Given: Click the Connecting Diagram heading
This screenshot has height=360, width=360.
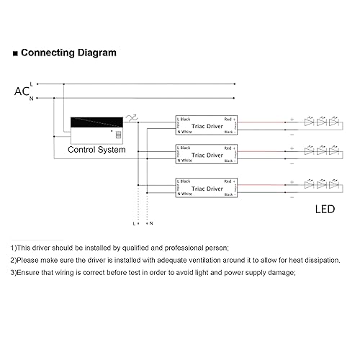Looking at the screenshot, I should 68,53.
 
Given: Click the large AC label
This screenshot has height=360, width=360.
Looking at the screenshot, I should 22,91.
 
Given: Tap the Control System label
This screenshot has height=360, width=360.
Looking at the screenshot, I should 96,150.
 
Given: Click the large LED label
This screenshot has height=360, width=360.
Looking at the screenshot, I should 325,210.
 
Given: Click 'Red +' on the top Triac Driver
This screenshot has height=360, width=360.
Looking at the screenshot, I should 230,118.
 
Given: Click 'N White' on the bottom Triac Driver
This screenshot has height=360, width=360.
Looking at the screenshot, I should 185,194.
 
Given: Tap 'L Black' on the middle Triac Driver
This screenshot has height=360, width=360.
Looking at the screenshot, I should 185,148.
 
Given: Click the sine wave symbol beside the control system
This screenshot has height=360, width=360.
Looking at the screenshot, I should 131,118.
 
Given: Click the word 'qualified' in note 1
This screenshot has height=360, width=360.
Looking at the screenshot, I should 143,247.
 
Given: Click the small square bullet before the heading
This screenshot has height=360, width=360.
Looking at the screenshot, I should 15,53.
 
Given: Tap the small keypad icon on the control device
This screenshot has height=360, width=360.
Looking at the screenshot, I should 118,134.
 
